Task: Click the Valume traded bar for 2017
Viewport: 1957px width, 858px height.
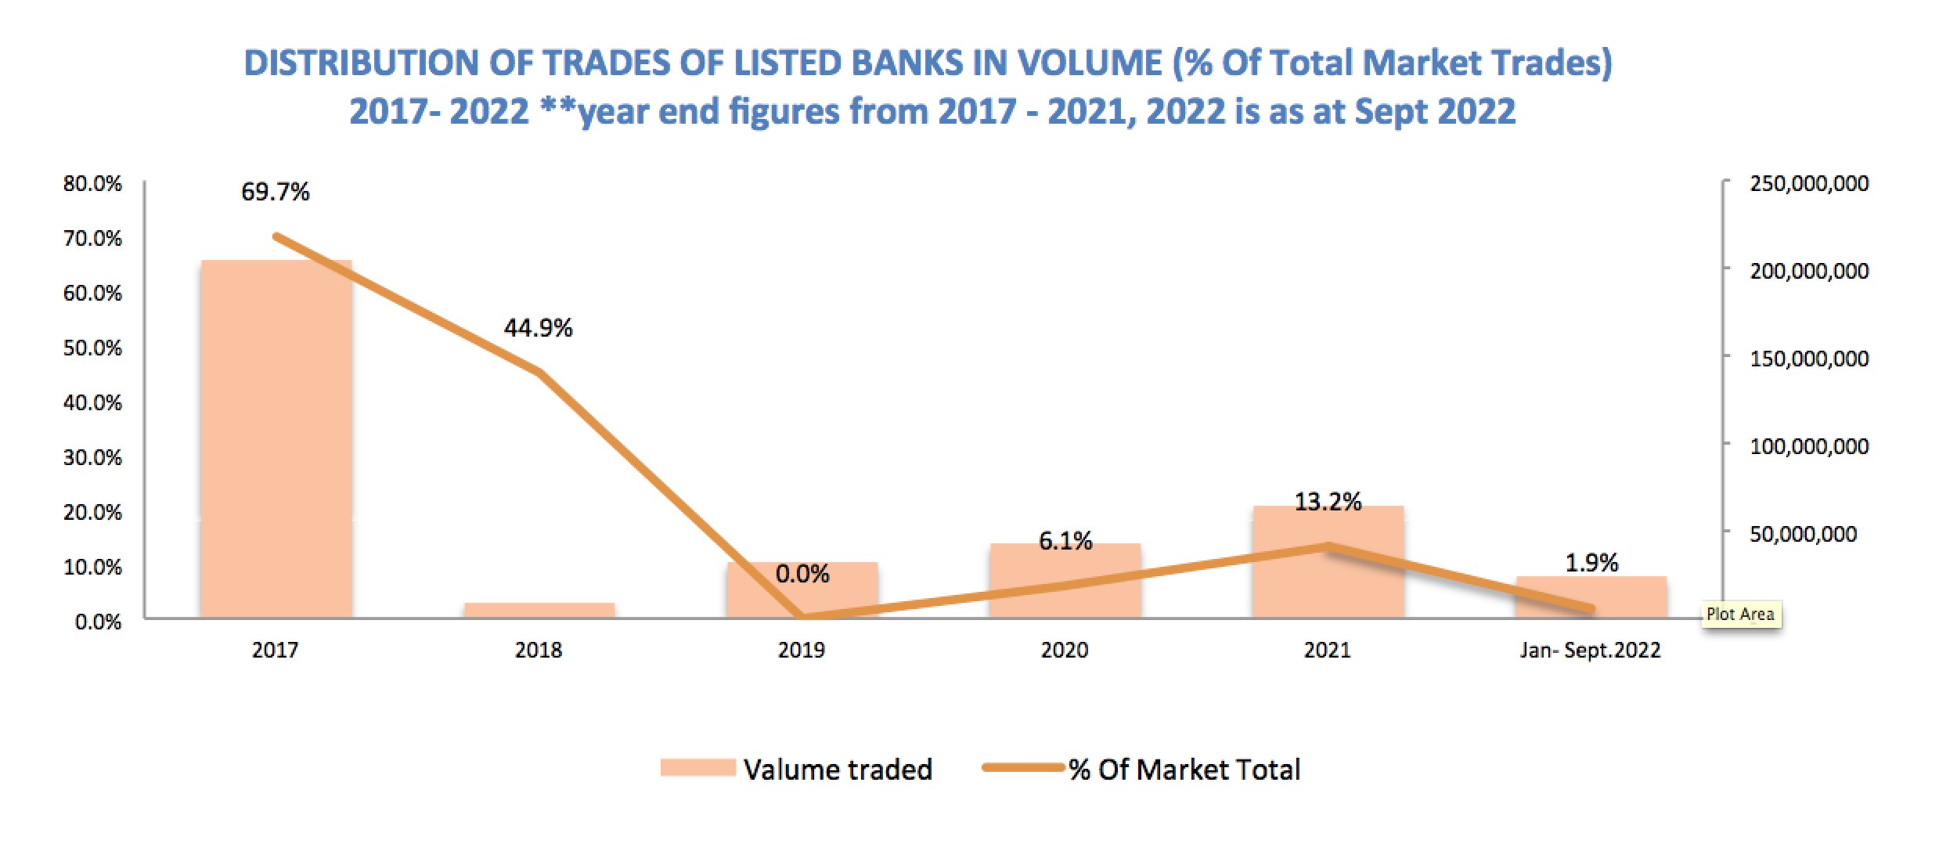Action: (276, 439)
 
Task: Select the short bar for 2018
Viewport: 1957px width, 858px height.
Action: (539, 611)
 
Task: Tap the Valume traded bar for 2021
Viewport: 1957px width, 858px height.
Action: (1328, 562)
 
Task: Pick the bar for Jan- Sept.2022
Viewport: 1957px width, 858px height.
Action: (1591, 597)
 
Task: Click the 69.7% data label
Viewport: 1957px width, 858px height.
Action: (276, 192)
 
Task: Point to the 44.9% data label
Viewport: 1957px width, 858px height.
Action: (539, 328)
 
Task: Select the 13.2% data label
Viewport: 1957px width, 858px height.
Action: (1328, 502)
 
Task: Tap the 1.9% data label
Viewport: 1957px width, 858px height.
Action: (1591, 562)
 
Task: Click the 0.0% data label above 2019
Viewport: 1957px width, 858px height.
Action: (802, 575)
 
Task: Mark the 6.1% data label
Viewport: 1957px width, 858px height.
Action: (1065, 541)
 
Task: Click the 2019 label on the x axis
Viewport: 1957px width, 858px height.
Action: (802, 651)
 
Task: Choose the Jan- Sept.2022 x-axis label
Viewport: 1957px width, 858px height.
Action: (1590, 651)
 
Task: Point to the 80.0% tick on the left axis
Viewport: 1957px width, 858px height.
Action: (92, 184)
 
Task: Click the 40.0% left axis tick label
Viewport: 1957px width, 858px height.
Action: (92, 403)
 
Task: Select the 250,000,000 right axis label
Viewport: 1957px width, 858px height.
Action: (1809, 184)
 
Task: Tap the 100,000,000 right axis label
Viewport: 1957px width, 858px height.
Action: (1809, 447)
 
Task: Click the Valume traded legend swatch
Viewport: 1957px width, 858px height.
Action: (697, 768)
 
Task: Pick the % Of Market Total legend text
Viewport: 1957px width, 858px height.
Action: (1184, 770)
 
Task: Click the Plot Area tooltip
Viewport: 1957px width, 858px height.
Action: (1740, 615)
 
